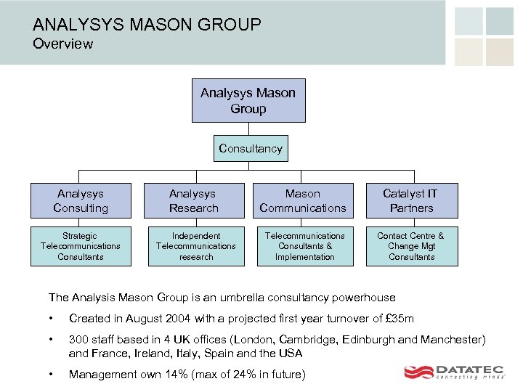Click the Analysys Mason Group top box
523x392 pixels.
(248, 101)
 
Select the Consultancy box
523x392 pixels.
(251, 149)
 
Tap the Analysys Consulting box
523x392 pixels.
(81, 200)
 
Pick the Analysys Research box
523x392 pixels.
(193, 200)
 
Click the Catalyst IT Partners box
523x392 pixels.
(411, 200)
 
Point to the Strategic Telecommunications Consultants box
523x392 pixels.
(81, 246)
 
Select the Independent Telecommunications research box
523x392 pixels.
(195, 246)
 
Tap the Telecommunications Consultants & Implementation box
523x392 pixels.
(304, 246)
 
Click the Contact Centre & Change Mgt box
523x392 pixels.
(411, 246)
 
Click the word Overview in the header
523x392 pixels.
(63, 44)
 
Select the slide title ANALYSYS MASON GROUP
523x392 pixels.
(147, 25)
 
